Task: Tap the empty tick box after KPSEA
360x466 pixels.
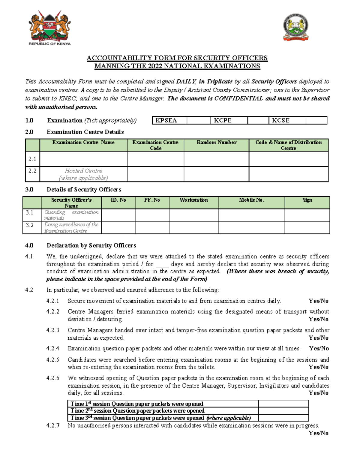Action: click(x=199, y=121)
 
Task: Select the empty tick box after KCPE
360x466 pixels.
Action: click(x=258, y=121)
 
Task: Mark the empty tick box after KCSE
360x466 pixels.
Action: click(x=316, y=121)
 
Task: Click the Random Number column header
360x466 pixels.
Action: click(x=216, y=143)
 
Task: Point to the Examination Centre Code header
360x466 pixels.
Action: click(x=155, y=145)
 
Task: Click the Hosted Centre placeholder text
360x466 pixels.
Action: click(x=83, y=174)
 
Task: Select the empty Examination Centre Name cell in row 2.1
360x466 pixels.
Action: click(x=83, y=159)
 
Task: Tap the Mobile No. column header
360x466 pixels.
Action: click(x=251, y=200)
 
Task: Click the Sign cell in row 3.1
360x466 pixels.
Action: click(x=307, y=215)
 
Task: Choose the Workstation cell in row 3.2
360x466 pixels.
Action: click(x=194, y=228)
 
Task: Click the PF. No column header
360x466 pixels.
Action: click(x=152, y=200)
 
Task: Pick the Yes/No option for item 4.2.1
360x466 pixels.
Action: click(x=319, y=301)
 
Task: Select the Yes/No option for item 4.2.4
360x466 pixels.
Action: click(x=319, y=349)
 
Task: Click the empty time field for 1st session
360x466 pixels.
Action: click(x=283, y=404)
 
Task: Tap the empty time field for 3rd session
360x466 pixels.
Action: click(x=283, y=418)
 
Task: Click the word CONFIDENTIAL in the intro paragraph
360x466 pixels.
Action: click(x=238, y=99)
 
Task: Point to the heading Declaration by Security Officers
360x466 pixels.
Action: click(x=91, y=245)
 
